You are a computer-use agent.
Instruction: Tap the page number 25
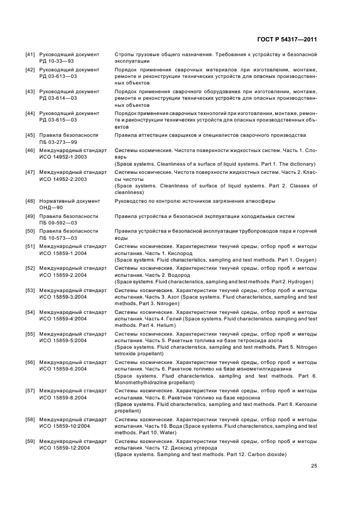[x=314, y=465]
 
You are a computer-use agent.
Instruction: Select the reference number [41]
[x=30, y=54]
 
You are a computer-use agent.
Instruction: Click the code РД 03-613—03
[x=58, y=76]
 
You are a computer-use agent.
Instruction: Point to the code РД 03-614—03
[x=58, y=98]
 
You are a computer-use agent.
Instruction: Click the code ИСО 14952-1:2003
[x=63, y=157]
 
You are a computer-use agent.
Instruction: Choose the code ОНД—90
[x=51, y=208]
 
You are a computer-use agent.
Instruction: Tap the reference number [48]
[x=30, y=201]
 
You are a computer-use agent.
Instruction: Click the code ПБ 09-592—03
[x=58, y=223]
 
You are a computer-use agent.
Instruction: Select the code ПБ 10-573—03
[x=58, y=238]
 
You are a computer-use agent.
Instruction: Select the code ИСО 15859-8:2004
[x=63, y=398]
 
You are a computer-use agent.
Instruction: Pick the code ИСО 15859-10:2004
[x=64, y=426]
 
